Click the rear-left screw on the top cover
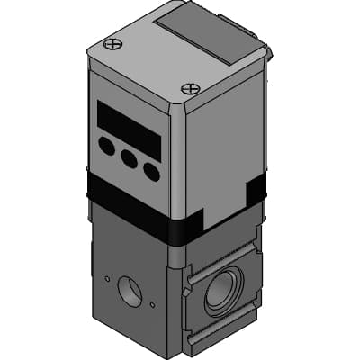point(112,43)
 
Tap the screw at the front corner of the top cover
point(189,88)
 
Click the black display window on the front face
point(129,130)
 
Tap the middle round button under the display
point(130,158)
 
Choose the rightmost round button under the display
point(151,171)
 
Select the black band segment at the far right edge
point(256,191)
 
